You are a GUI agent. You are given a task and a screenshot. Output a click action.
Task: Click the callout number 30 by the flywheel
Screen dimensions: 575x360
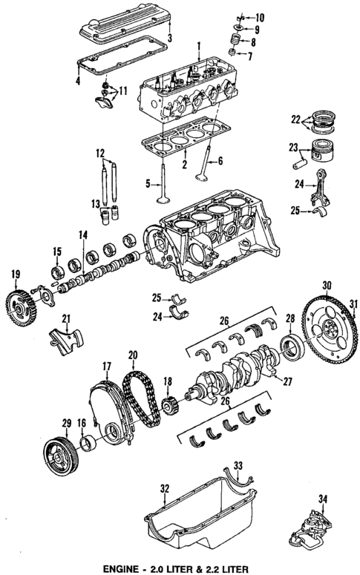coord(326,285)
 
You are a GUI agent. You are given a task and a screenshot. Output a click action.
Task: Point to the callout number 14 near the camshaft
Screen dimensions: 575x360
coord(83,235)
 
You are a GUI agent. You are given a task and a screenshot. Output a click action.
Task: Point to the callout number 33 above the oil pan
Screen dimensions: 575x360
coord(238,465)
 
